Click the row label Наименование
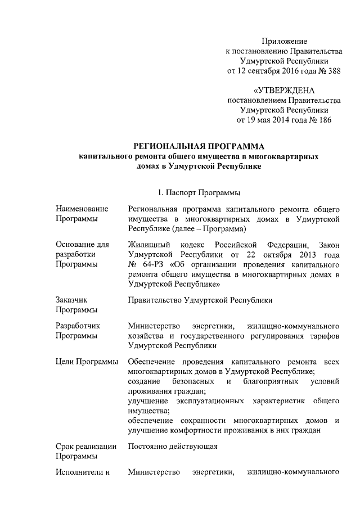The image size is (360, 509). pyautogui.click(x=82, y=209)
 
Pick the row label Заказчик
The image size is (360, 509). pyautogui.click(x=71, y=300)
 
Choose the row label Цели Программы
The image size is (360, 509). pyautogui.click(x=87, y=361)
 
